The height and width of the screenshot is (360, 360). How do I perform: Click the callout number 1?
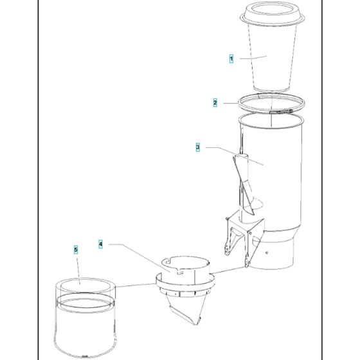(231, 59)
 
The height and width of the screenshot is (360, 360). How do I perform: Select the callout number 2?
(215, 102)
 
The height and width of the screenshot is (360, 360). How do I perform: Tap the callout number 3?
(198, 147)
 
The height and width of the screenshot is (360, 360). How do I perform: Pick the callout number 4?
(100, 244)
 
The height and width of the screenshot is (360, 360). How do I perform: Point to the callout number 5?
(76, 249)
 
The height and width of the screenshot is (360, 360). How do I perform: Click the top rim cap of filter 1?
(272, 13)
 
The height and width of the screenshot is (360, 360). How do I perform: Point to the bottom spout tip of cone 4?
(196, 324)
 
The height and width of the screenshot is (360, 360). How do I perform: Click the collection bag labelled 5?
(85, 319)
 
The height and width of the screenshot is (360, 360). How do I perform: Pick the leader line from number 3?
(235, 156)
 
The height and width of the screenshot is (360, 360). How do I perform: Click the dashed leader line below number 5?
(78, 271)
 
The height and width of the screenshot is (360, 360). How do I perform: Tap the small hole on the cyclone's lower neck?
(267, 253)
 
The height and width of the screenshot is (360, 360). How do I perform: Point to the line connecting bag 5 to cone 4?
(136, 285)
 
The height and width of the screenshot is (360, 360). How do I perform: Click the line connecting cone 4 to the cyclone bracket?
(228, 270)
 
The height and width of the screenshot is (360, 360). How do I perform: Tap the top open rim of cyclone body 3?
(271, 121)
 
